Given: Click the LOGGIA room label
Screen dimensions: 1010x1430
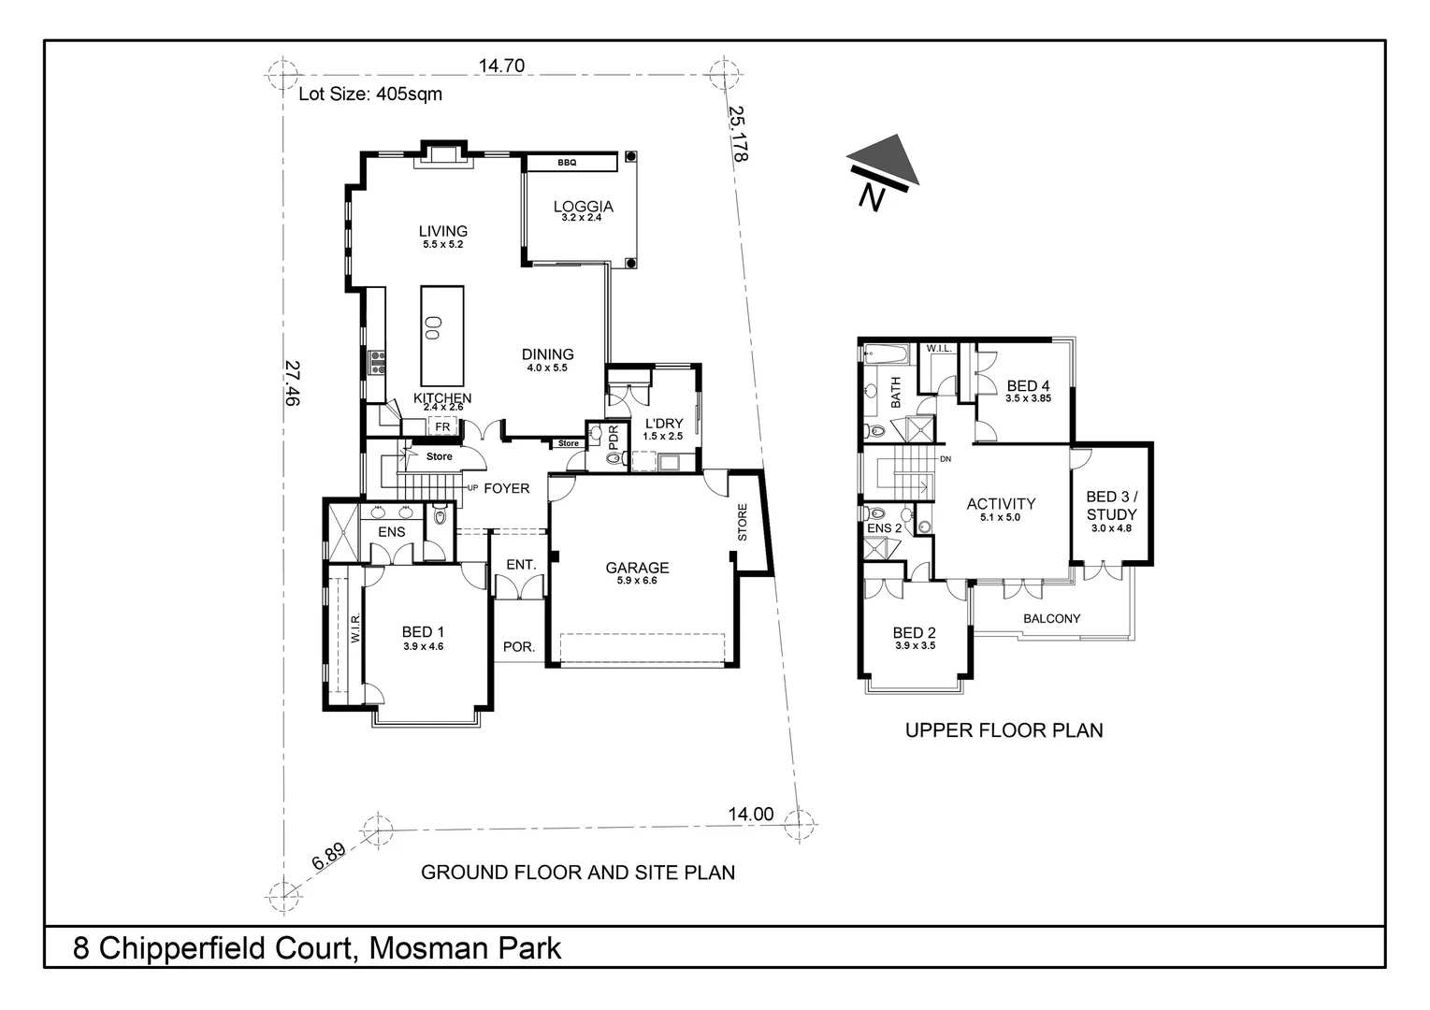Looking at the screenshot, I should pyautogui.click(x=583, y=207).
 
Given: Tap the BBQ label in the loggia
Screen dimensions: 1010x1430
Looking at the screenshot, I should pyautogui.click(x=567, y=163).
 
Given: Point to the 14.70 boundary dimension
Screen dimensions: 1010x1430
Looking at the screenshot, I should pyautogui.click(x=501, y=65).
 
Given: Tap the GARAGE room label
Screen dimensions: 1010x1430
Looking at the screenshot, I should pyautogui.click(x=637, y=568).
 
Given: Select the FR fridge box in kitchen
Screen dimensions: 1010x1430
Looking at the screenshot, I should pyautogui.click(x=442, y=426).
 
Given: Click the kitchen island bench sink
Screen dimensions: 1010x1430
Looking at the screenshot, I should pyautogui.click(x=433, y=326).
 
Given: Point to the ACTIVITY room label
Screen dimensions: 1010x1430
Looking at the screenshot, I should pyautogui.click(x=1001, y=504).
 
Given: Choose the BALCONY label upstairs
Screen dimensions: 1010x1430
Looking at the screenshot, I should pyautogui.click(x=1051, y=618).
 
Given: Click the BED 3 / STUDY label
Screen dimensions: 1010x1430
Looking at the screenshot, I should pyautogui.click(x=1111, y=506).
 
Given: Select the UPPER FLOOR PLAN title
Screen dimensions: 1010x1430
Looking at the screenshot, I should pyautogui.click(x=1004, y=730).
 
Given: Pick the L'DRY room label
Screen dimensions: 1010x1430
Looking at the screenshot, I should pyautogui.click(x=663, y=424).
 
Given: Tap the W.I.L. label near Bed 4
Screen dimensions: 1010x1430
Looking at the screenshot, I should pyautogui.click(x=938, y=349).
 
